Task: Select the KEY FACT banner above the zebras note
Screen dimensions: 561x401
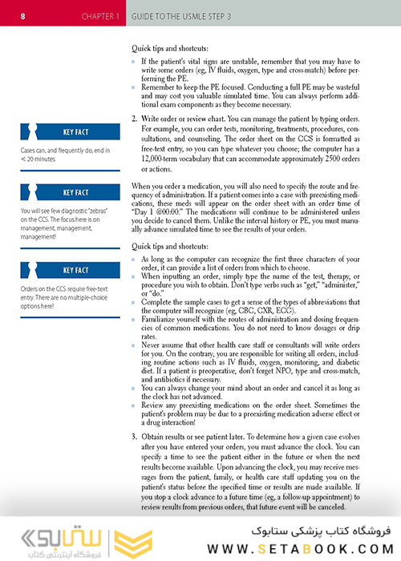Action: coord(75,192)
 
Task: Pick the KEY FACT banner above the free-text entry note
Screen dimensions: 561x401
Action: coord(75,270)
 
